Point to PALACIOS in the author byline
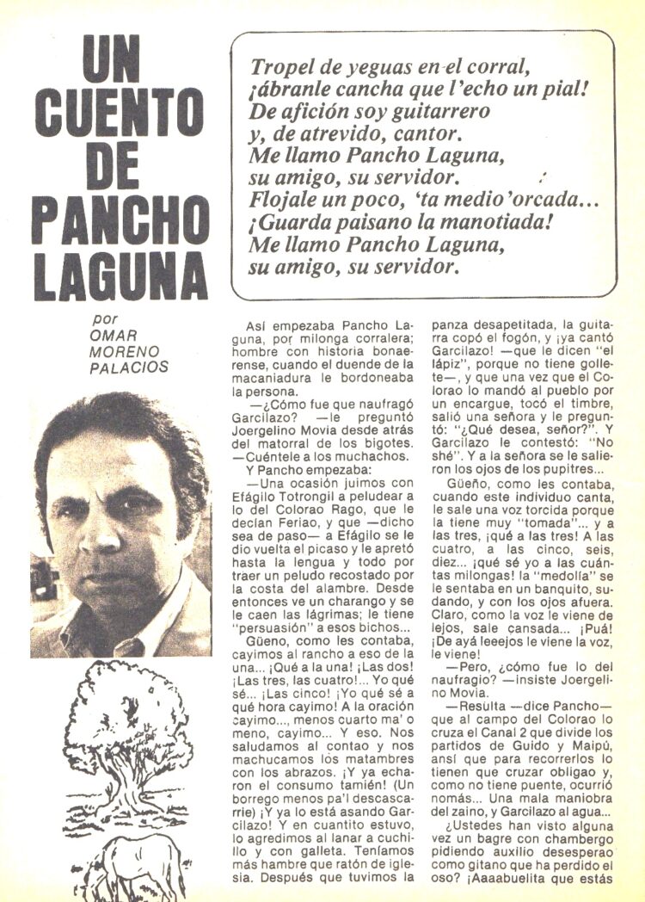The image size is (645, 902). click(129, 368)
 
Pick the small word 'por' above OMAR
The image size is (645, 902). click(104, 319)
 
